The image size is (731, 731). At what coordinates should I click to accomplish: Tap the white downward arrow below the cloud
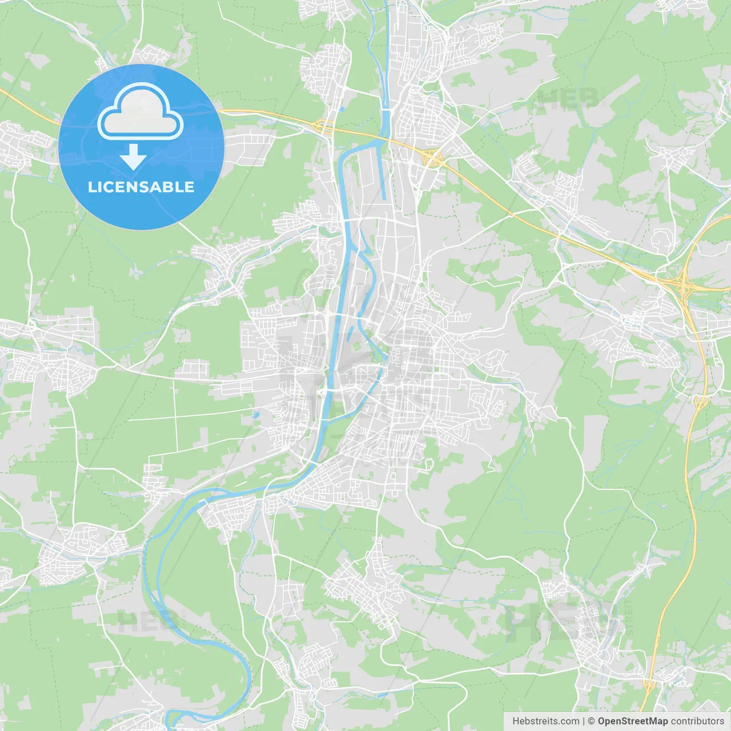134,158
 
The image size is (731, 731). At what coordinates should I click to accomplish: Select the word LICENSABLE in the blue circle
141,187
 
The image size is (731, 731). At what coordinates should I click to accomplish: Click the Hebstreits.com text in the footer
546,721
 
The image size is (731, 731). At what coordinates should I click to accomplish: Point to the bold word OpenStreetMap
633,721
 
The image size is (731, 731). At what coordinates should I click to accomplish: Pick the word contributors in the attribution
697,721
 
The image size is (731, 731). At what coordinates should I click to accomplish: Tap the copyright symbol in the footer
592,721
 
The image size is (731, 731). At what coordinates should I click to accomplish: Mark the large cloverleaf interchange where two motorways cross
682,282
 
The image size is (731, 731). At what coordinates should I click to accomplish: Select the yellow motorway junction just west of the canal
324,125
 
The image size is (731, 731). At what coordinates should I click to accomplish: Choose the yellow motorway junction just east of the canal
432,157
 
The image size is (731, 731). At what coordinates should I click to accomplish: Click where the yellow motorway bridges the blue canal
386,138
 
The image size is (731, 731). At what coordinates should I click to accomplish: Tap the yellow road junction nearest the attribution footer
648,684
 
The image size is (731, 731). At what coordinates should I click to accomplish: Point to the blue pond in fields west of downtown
256,414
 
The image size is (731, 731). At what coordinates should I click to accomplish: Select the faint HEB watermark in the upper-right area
568,98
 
